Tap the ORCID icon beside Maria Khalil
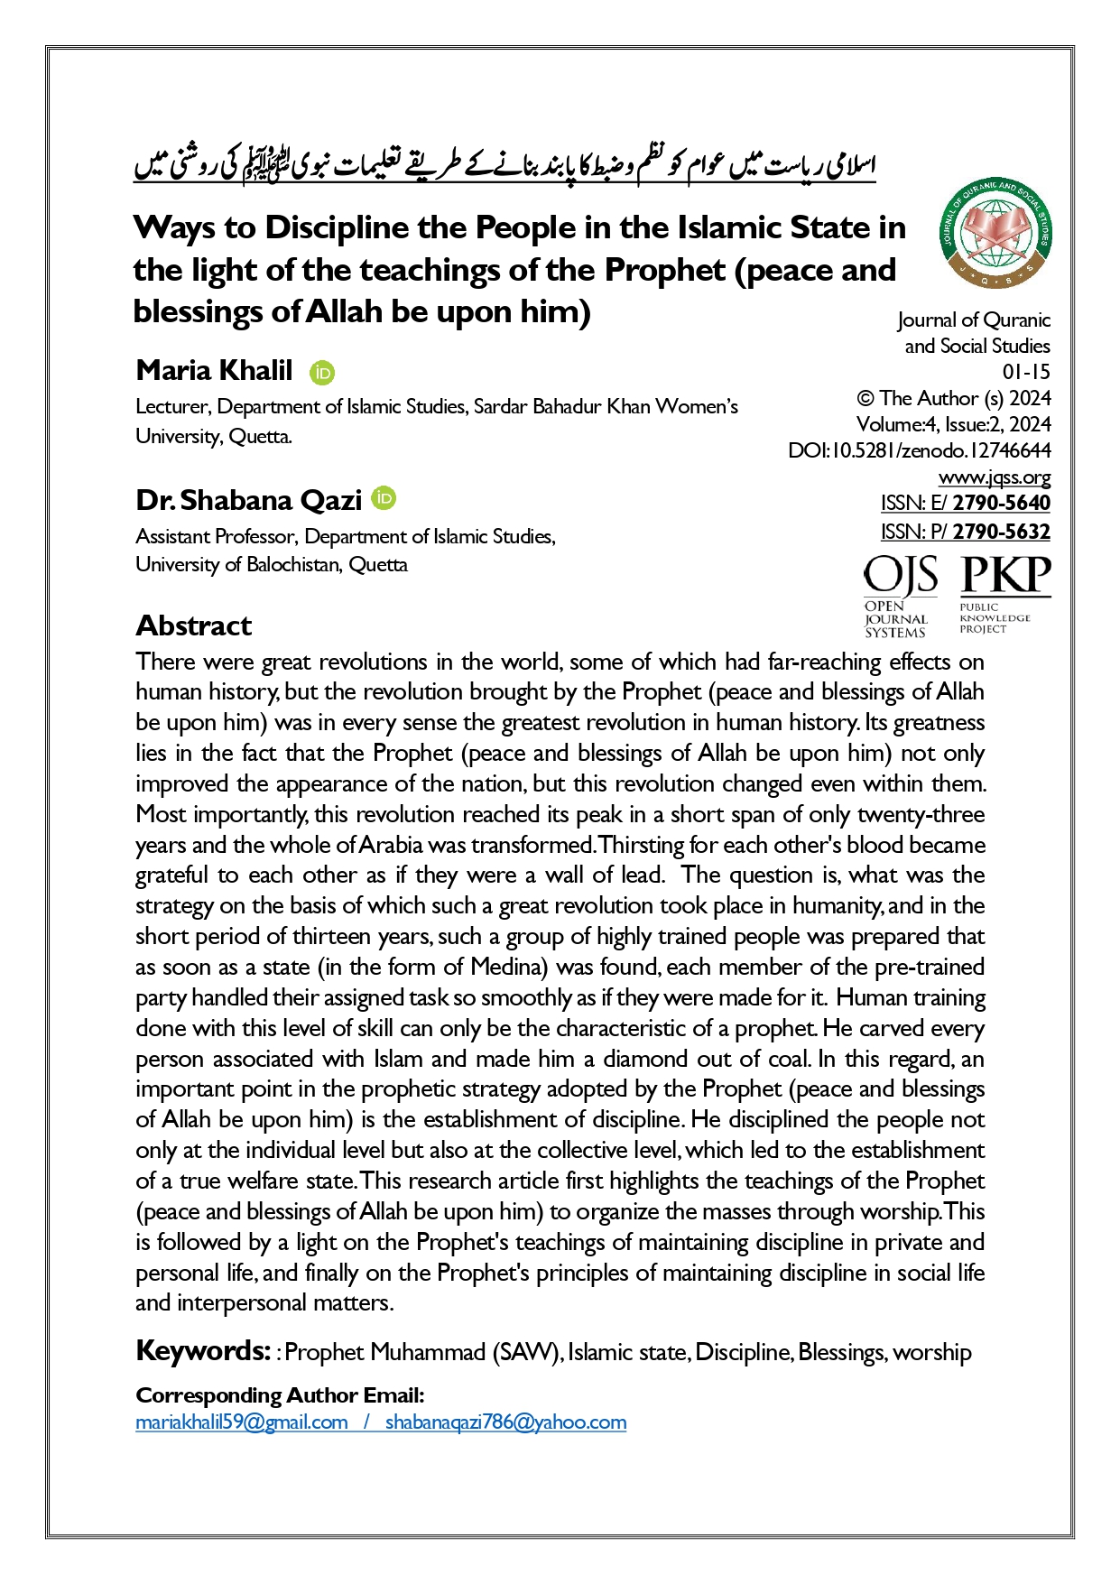click(x=322, y=373)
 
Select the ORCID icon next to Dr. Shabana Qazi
click(x=384, y=497)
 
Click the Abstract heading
click(x=193, y=625)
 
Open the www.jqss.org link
click(x=994, y=477)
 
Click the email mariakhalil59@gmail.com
click(x=242, y=1422)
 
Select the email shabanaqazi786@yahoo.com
click(x=505, y=1422)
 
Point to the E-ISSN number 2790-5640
click(x=1001, y=503)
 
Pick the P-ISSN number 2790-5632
click(x=1001, y=532)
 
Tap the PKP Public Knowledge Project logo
click(x=1004, y=594)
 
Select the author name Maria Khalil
click(x=214, y=370)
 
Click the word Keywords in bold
click(x=202, y=1351)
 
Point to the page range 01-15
click(x=1026, y=372)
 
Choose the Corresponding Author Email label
click(x=280, y=1395)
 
